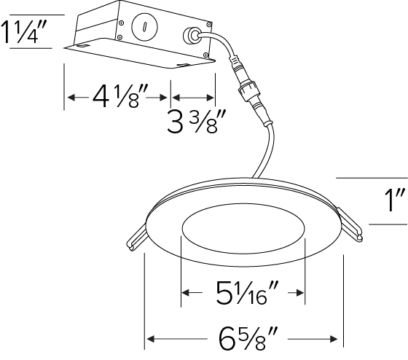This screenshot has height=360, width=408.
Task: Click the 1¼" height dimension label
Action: pos(24,32)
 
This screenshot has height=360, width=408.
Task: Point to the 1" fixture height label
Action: pos(395,200)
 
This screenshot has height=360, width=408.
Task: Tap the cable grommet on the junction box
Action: pos(191,36)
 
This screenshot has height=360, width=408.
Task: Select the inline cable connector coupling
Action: pos(248,89)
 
